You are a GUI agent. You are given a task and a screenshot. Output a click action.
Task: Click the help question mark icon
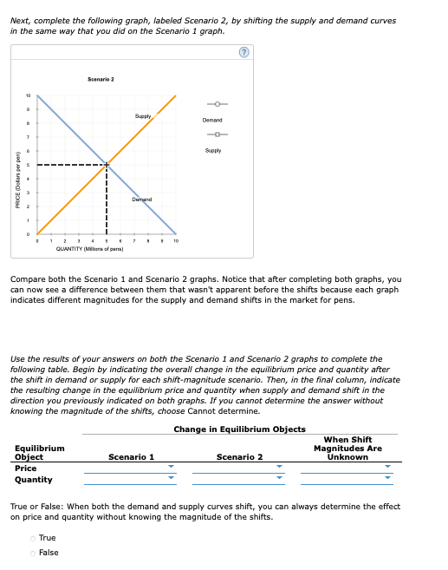(x=243, y=52)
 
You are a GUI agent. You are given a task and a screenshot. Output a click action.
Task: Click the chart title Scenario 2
(x=101, y=79)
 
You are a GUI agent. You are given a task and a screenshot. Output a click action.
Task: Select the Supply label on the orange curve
(x=144, y=115)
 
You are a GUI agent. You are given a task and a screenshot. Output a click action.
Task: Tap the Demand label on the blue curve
(x=142, y=200)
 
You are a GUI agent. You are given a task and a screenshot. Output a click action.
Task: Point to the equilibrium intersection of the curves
(x=107, y=164)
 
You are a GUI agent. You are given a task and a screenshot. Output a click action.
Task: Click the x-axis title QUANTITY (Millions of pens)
(x=89, y=249)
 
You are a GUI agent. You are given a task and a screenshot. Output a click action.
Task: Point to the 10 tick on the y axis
(x=27, y=95)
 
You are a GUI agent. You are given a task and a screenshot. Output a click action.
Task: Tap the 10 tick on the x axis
(x=176, y=241)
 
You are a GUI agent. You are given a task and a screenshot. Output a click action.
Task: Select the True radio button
(x=34, y=538)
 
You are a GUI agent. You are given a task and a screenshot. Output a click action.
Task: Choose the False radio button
(x=34, y=552)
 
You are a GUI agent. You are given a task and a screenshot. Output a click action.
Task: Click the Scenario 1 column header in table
(x=131, y=456)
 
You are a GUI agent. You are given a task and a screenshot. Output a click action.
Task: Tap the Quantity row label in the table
(x=34, y=480)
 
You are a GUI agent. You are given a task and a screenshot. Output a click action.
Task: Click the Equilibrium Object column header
(x=39, y=452)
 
